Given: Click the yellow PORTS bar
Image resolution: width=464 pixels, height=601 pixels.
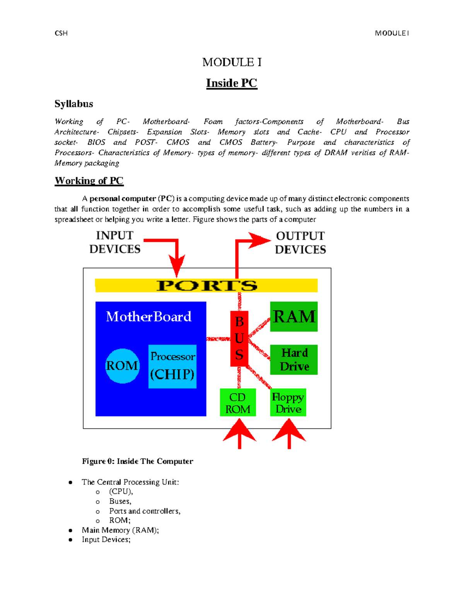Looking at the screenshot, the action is [x=206, y=285].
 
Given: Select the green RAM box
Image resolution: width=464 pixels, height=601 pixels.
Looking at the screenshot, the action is [x=294, y=317].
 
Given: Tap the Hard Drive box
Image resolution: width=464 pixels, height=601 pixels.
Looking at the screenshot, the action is [x=294, y=360].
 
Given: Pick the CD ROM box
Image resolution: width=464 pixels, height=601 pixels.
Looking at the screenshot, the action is [x=238, y=402].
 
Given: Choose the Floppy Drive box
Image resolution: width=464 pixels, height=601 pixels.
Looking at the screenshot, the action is [x=288, y=402].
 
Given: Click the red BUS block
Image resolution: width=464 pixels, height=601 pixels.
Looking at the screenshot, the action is [x=239, y=339].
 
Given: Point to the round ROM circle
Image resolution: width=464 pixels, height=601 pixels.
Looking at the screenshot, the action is [x=122, y=366].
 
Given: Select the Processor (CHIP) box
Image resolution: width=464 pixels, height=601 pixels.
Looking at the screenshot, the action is [x=172, y=366].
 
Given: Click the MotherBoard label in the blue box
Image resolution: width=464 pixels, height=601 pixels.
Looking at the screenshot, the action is [x=149, y=317].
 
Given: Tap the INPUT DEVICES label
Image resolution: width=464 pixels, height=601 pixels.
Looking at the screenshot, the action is [x=115, y=242].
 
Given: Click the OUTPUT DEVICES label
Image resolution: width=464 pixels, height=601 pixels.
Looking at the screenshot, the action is [x=300, y=243].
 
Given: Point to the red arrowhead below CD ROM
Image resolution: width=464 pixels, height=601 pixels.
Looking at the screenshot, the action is [x=240, y=430].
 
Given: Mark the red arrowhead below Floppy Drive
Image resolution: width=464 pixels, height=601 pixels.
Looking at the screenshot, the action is [x=289, y=430].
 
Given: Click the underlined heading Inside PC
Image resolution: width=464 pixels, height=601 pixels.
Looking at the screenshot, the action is [x=232, y=83].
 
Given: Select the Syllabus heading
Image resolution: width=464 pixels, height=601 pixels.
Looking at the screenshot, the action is [x=74, y=104].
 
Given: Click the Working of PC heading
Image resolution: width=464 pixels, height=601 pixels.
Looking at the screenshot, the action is [x=89, y=181].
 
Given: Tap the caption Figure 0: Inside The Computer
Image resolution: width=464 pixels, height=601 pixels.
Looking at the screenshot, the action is [x=137, y=461].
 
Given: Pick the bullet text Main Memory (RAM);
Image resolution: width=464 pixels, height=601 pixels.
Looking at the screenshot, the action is [x=120, y=530].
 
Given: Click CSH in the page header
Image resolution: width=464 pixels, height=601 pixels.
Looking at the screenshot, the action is [x=61, y=33].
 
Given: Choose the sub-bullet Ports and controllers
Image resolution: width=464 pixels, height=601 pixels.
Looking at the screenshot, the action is [x=145, y=511].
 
